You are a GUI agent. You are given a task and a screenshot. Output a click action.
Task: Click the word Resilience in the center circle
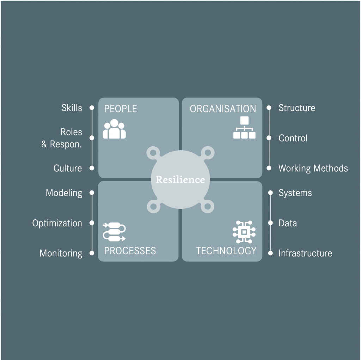[180, 180]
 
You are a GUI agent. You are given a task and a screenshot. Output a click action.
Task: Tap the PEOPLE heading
[121, 109]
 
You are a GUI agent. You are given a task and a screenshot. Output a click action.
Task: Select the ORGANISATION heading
[223, 109]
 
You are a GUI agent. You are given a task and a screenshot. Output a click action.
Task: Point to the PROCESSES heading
[130, 251]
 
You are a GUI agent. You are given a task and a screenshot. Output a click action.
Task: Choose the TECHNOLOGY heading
[226, 251]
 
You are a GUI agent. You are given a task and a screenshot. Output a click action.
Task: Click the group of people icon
[115, 129]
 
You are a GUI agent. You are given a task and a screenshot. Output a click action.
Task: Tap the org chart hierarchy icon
[244, 127]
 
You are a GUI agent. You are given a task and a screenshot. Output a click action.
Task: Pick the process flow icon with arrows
[114, 232]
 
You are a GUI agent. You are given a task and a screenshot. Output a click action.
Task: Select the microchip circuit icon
[244, 232]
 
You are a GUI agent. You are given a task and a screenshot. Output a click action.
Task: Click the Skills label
[72, 108]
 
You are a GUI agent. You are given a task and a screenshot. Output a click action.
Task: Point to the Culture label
[68, 168]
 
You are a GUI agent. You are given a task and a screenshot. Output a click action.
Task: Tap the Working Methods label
[313, 169]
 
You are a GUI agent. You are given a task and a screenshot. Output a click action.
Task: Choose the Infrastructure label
[305, 253]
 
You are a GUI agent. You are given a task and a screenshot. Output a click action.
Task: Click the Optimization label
[57, 223]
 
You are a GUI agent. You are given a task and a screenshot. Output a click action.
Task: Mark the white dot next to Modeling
[92, 193]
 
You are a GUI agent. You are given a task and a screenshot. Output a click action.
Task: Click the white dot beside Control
[269, 138]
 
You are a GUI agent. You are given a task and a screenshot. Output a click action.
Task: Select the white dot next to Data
[270, 223]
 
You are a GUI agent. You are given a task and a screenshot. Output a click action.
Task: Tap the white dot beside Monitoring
[92, 253]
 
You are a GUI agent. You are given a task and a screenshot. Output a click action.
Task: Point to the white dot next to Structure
[269, 108]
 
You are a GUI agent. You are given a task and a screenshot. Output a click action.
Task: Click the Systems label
[295, 193]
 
